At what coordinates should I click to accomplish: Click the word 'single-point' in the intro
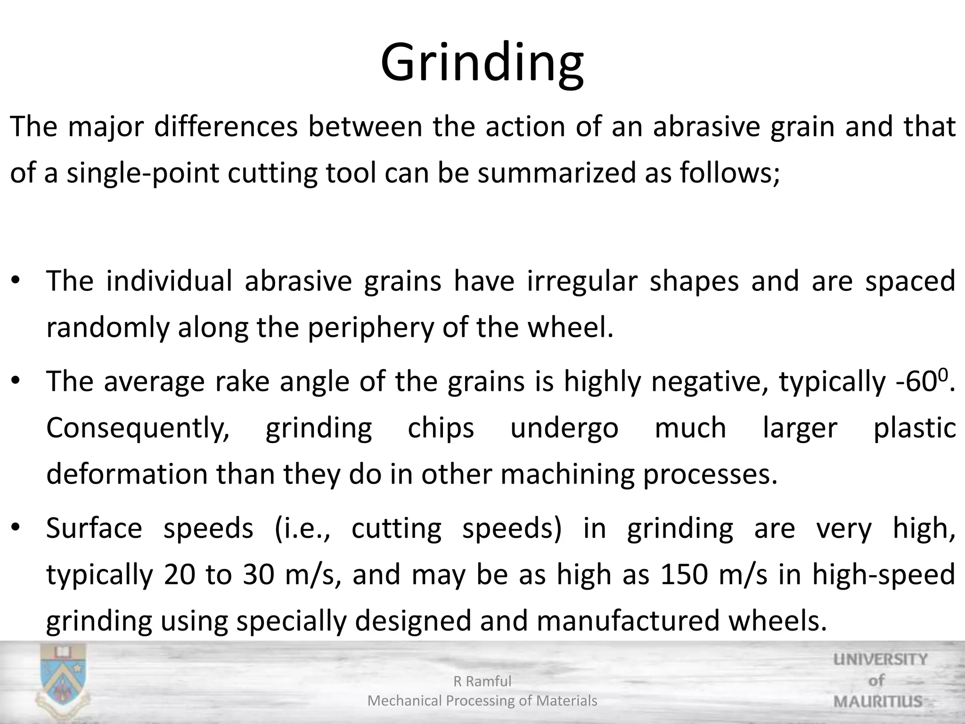143,173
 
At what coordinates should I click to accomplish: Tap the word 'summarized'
557,173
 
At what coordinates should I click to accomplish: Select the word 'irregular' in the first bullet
582,281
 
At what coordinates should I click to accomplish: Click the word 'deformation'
127,474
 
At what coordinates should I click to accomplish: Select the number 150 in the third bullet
684,575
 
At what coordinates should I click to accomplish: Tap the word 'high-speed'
883,575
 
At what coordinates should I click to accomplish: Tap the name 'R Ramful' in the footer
482,681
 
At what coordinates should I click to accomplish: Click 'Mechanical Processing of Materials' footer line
482,701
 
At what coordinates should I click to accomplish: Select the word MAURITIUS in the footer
878,701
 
